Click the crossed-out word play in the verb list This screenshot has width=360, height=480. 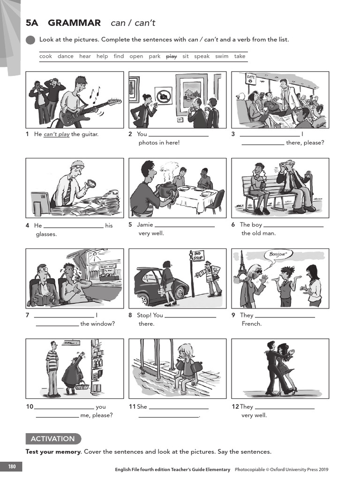pyautogui.click(x=172, y=56)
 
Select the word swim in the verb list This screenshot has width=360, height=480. pyautogui.click(x=222, y=56)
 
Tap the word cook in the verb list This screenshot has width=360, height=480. pyautogui.click(x=45, y=56)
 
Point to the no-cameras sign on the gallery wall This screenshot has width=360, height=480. pyautogui.click(x=164, y=95)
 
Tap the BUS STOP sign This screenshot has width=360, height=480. pyautogui.click(x=199, y=257)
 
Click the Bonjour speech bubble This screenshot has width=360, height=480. pyautogui.click(x=278, y=255)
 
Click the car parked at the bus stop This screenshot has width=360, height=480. pyautogui.click(x=159, y=286)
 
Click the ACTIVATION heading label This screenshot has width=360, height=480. pyautogui.click(x=52, y=439)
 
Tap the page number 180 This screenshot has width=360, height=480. pyautogui.click(x=11, y=466)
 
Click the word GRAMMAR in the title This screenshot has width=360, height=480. pyautogui.click(x=75, y=22)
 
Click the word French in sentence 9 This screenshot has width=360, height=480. pyautogui.click(x=252, y=323)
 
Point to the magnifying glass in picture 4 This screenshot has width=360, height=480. pyautogui.click(x=90, y=184)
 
